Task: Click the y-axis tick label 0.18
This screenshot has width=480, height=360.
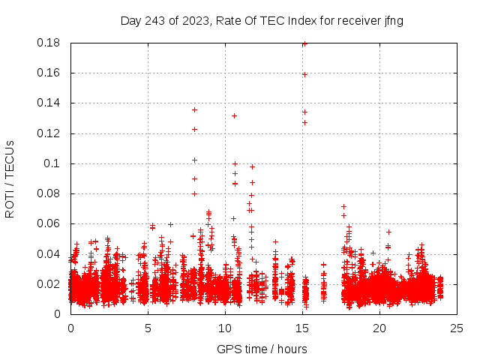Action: click(x=49, y=43)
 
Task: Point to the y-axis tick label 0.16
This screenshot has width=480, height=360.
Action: click(x=49, y=73)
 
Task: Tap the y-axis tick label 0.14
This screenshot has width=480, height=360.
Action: click(x=49, y=103)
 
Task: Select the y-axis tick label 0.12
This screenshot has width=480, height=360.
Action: click(x=49, y=133)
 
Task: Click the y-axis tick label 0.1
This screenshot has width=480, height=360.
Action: click(x=53, y=163)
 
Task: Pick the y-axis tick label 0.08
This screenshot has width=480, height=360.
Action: click(x=49, y=193)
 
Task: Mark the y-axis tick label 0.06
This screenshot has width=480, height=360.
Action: click(x=49, y=223)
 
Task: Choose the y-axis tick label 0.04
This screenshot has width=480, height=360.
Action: click(x=49, y=253)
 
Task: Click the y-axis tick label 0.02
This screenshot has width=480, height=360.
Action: click(x=49, y=283)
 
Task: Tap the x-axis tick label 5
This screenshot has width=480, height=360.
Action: click(x=148, y=328)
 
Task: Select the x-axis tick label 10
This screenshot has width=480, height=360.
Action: click(x=225, y=328)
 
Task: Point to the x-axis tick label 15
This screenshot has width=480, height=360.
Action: click(x=302, y=328)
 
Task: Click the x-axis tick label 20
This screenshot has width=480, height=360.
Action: click(x=379, y=328)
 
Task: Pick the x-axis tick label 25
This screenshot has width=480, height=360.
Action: click(x=457, y=328)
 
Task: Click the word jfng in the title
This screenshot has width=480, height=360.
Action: click(x=394, y=21)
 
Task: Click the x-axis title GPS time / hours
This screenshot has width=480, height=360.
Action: click(x=262, y=349)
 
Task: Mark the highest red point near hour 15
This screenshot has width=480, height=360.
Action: click(x=304, y=43)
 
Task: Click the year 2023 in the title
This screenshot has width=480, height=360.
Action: click(x=193, y=21)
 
